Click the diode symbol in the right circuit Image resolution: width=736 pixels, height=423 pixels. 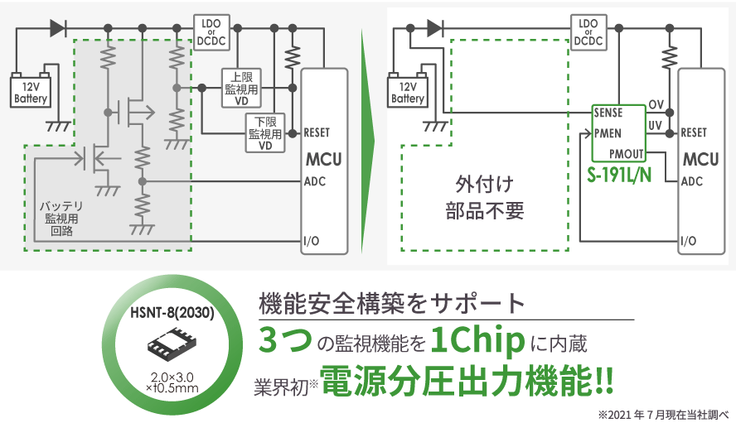(x=433, y=27)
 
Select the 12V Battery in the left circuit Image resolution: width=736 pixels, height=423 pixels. (x=31, y=90)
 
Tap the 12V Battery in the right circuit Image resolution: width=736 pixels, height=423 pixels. (x=408, y=90)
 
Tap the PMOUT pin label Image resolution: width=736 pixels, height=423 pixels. (x=626, y=154)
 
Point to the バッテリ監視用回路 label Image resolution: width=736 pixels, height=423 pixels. (x=61, y=219)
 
